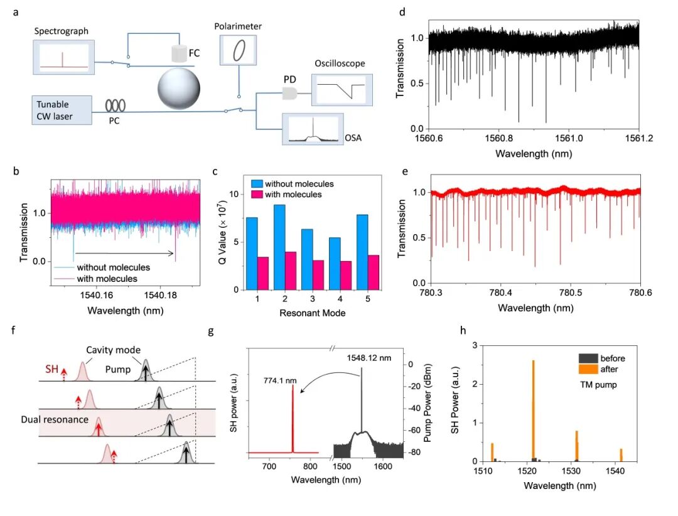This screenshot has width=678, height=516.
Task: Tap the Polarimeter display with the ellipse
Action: (239, 50)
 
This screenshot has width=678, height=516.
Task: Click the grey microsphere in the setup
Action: (180, 88)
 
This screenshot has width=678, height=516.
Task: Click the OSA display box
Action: (313, 129)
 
